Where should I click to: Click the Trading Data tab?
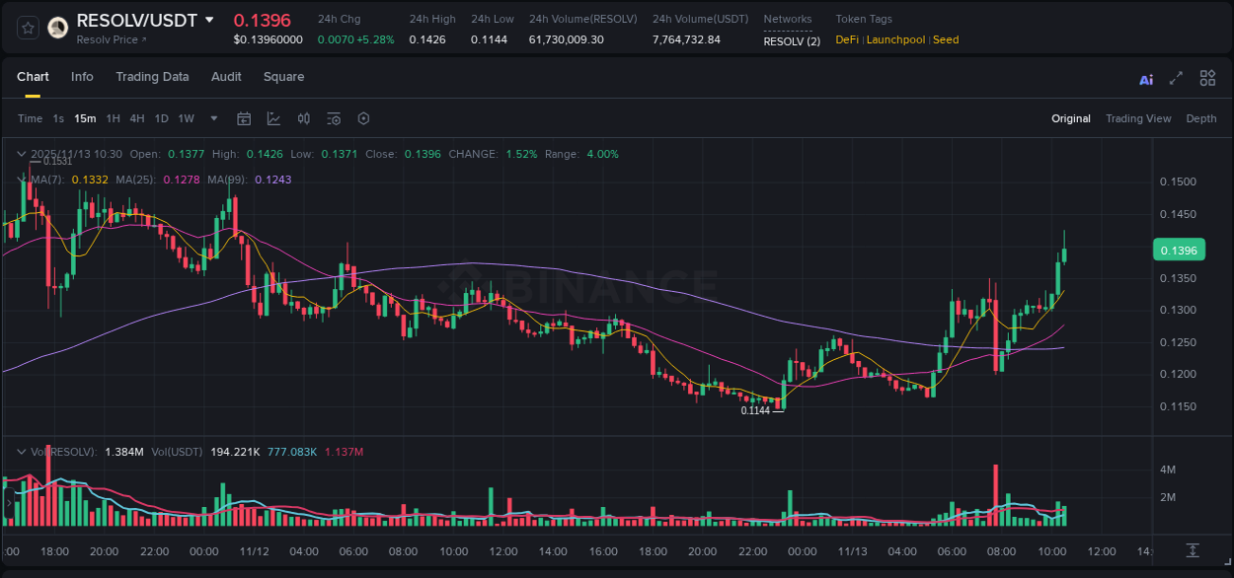(152, 77)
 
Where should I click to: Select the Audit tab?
(226, 77)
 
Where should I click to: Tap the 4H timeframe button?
(137, 118)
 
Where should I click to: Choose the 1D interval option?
(161, 118)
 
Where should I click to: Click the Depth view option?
(1200, 118)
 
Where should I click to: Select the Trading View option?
(1137, 118)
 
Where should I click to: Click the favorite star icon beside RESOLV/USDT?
(28, 28)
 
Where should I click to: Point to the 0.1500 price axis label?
(1177, 182)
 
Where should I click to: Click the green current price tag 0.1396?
(1178, 251)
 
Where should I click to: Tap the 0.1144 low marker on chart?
(755, 410)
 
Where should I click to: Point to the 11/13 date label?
(850, 551)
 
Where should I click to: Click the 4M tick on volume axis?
(1167, 470)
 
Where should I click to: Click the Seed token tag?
(946, 39)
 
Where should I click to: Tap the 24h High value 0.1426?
(426, 39)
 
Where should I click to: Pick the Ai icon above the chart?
(1146, 79)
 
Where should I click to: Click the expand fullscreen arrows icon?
(1176, 79)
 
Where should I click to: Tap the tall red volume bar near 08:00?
(996, 494)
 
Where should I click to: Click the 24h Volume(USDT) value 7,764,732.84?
(686, 39)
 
